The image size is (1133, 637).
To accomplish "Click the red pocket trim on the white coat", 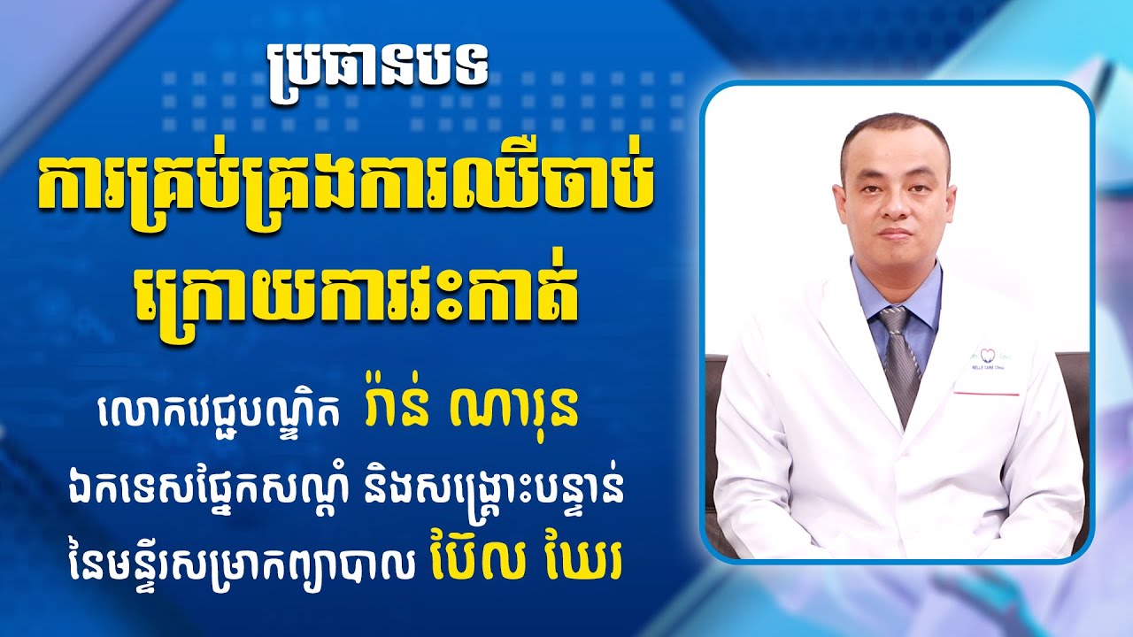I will click(987, 392).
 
